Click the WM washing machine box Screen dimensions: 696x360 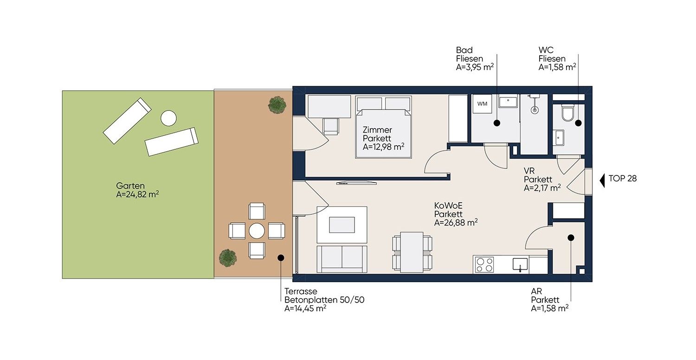482,104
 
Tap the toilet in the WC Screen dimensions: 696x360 568,113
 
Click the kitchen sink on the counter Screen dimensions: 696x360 520,264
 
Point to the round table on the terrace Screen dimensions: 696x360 257,231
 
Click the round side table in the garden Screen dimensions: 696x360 168,118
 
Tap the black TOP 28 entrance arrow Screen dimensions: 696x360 602,181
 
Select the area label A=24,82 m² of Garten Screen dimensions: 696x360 137,194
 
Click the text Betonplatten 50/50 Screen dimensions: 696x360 324,300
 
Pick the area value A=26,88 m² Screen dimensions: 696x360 456,223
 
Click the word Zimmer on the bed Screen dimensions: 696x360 377,130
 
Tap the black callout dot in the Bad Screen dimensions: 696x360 497,123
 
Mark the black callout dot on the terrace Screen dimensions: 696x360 281,257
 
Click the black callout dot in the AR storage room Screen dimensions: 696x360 571,238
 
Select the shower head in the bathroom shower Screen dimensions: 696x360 535,109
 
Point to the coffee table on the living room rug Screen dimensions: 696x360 342,225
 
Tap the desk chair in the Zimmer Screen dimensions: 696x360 331,127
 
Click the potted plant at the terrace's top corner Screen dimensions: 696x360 277,104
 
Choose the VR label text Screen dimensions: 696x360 529,171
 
